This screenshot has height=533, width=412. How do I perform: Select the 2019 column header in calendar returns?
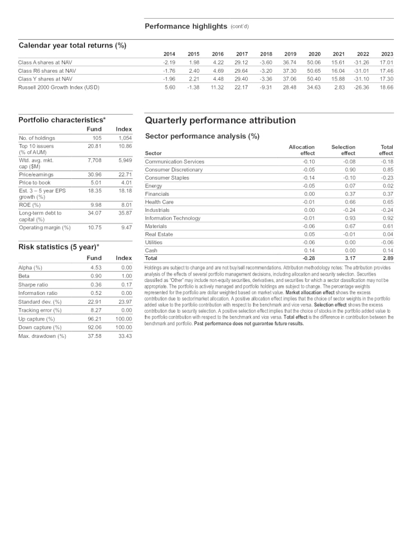point(290,53)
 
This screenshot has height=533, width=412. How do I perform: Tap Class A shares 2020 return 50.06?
point(314,62)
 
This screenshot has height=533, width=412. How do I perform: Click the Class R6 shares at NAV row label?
point(47,70)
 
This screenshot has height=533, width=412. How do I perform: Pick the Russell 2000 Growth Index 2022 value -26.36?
point(362,86)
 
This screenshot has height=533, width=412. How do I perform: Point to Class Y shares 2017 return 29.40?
point(241,79)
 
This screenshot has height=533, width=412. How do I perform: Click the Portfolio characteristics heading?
point(62,120)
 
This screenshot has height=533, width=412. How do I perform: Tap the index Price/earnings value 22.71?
point(124,174)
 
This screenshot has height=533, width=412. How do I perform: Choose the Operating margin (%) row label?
point(44,227)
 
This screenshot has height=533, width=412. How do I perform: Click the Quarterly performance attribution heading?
point(220,120)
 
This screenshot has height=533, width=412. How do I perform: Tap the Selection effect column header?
point(343,150)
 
